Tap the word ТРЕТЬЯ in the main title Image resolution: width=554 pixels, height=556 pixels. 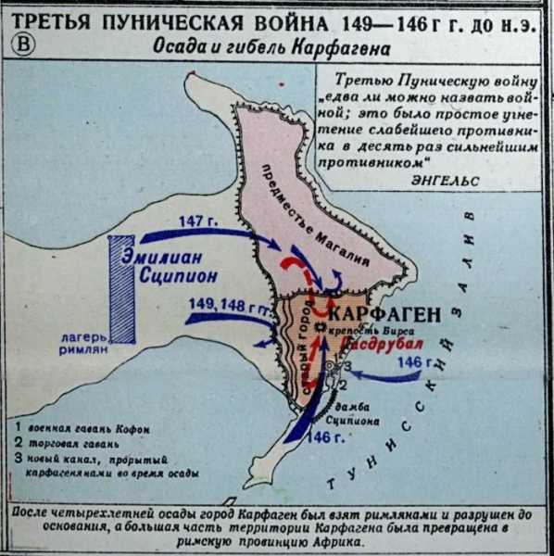pos(60,21)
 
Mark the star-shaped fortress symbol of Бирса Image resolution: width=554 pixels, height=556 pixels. pos(321,329)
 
